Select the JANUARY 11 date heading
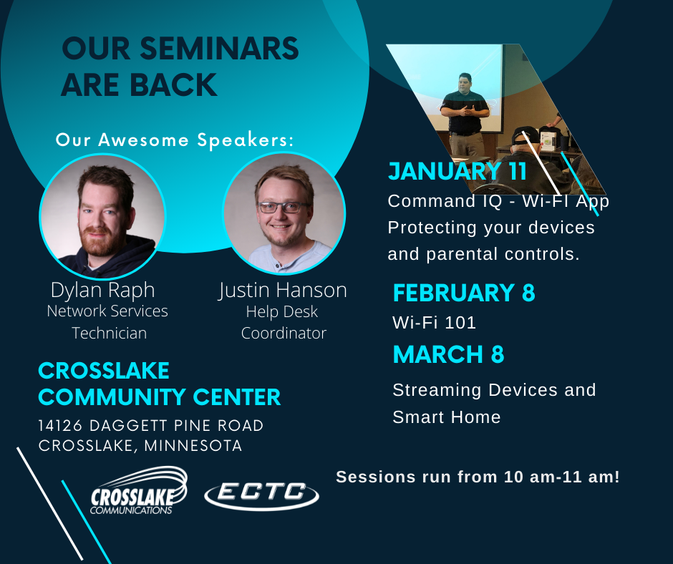[457, 171]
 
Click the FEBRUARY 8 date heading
[464, 293]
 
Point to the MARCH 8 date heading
[448, 354]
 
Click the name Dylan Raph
[102, 291]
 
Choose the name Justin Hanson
[282, 291]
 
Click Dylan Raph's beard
[100, 241]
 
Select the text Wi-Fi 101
[434, 323]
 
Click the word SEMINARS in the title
[219, 48]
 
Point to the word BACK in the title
[173, 84]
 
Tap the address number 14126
[60, 425]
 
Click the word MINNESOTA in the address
[193, 445]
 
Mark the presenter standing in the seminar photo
[465, 115]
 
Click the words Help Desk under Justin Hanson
[282, 312]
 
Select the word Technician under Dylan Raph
[109, 333]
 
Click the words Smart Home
[446, 417]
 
